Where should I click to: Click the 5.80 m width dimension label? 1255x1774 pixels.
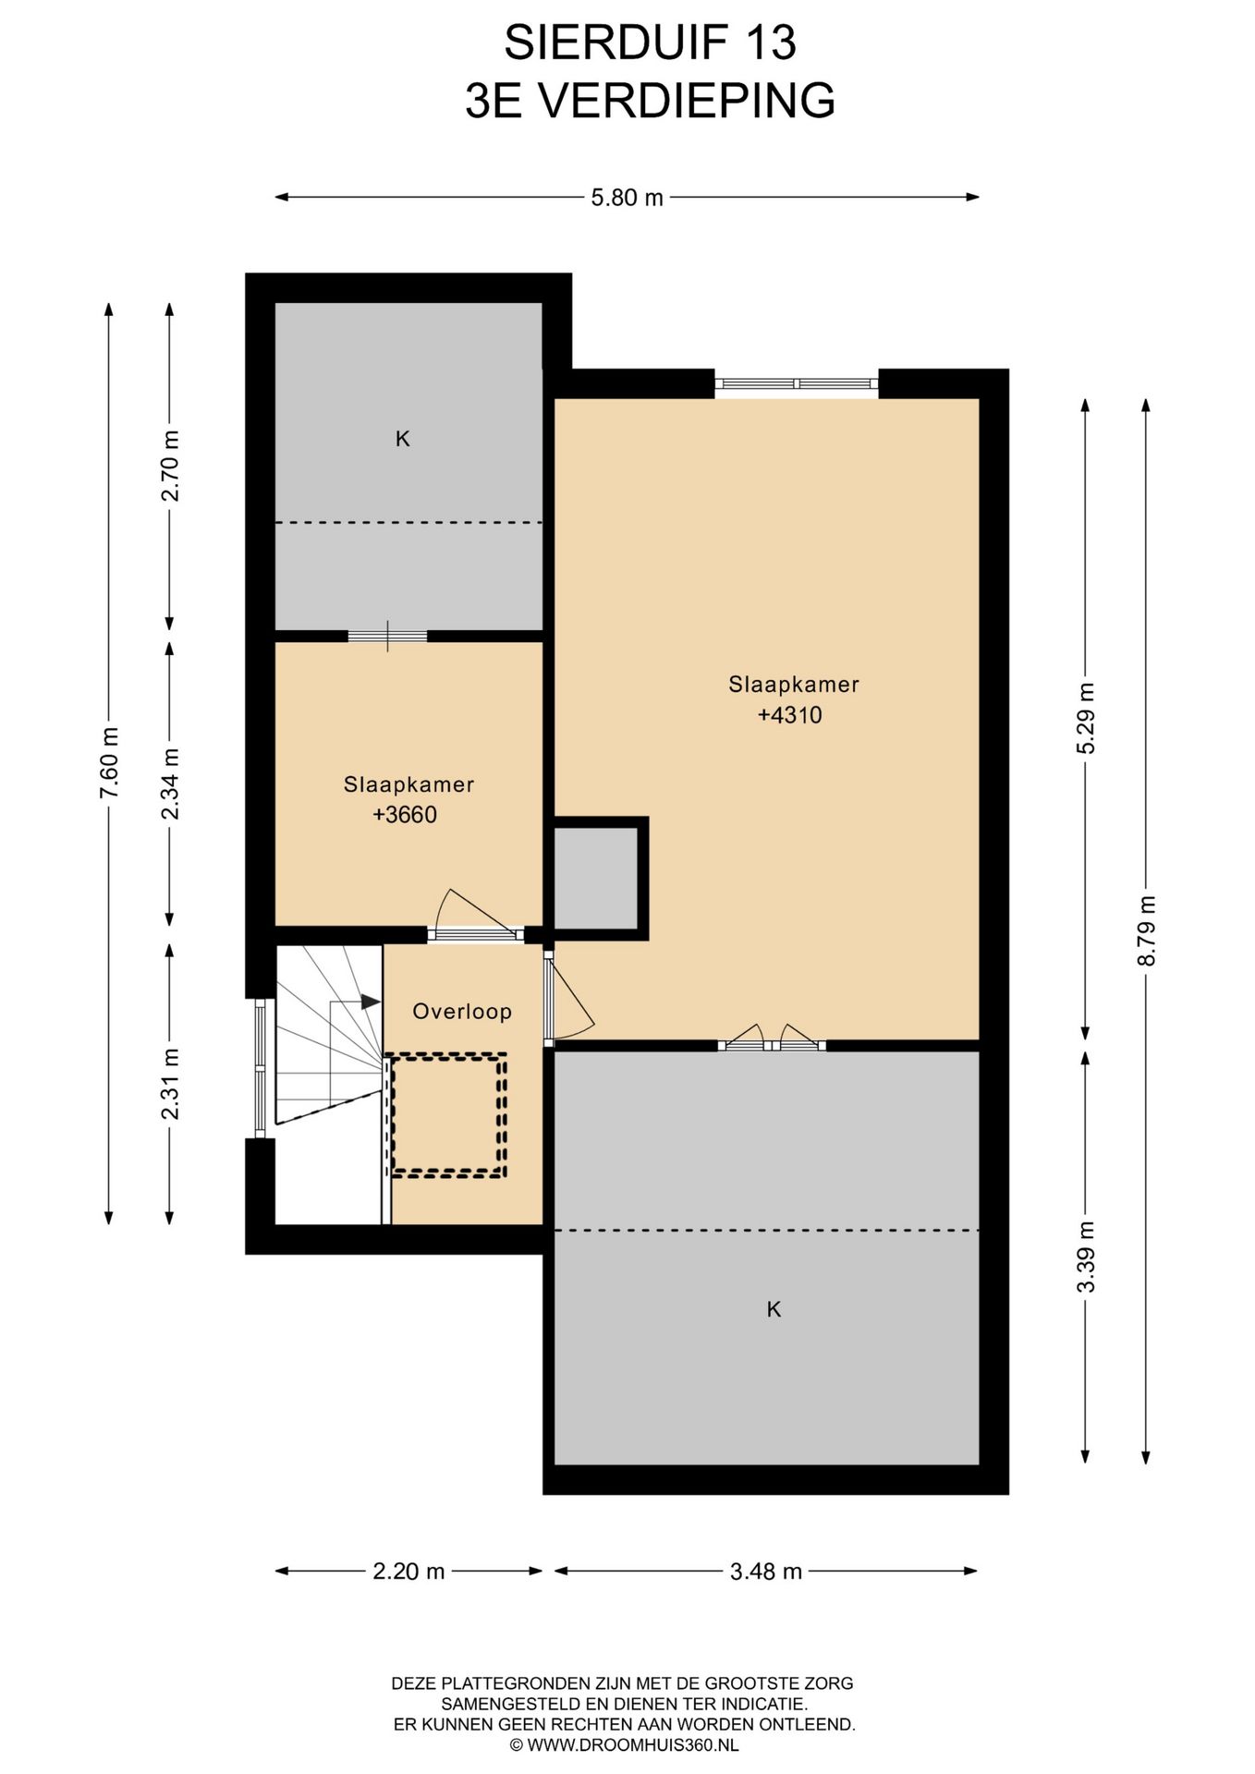tap(627, 197)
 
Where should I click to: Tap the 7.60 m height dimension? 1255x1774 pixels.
tap(109, 764)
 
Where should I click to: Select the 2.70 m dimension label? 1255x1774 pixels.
tap(170, 467)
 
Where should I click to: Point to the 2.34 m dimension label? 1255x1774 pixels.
tap(170, 784)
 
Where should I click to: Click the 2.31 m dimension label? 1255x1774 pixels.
tap(170, 1084)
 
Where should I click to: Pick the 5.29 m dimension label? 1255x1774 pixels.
tap(1086, 719)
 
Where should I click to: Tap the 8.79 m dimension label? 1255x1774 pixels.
tap(1146, 930)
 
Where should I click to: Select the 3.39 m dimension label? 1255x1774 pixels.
tap(1086, 1257)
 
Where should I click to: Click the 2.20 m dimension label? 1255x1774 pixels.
tap(408, 1571)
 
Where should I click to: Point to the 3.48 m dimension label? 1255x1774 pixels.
tap(765, 1571)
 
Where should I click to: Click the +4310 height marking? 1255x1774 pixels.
tap(789, 715)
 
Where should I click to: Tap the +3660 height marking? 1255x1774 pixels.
tap(405, 815)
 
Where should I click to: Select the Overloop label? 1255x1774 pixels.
tap(462, 1012)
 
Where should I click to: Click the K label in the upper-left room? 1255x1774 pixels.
tap(403, 440)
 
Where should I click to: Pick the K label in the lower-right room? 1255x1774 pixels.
tap(774, 1309)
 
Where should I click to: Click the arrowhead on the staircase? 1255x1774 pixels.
tap(371, 1002)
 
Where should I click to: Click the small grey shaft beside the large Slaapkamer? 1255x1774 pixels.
tap(596, 878)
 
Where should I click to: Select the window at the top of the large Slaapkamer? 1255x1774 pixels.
tap(797, 383)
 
